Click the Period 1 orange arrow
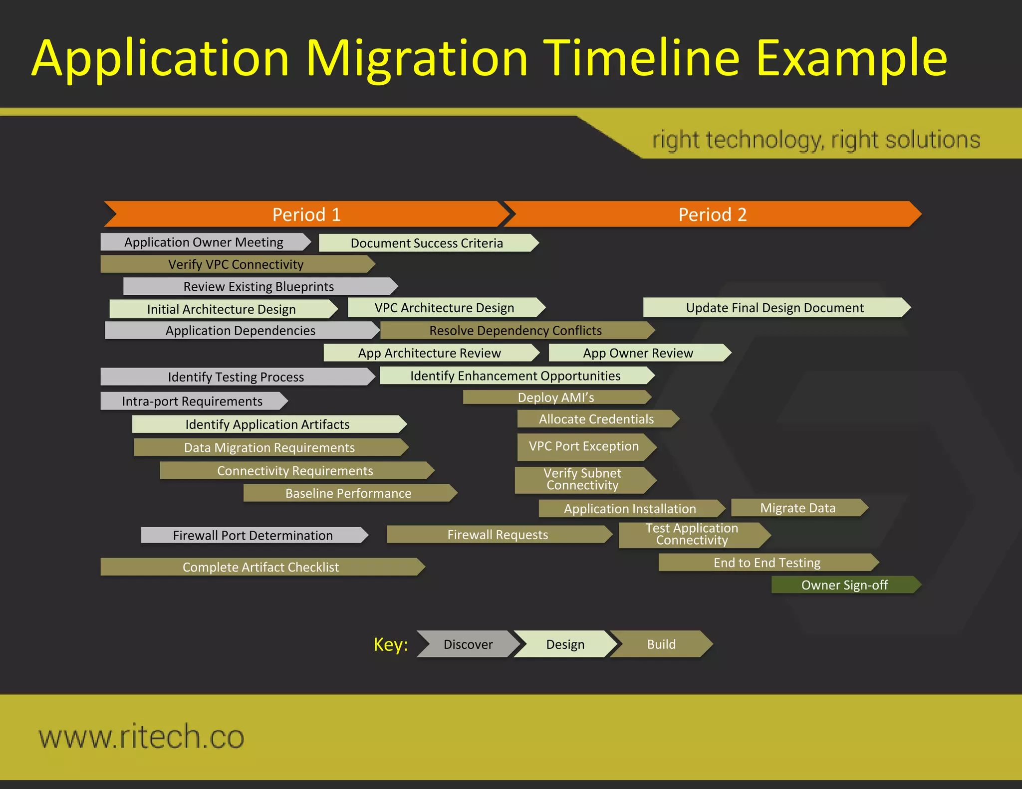coord(306,214)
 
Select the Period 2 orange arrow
coord(712,214)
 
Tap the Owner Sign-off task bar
coord(844,585)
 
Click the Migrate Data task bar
coord(797,508)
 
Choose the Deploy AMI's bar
coord(556,397)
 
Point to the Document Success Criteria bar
coord(427,243)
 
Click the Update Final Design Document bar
coord(774,308)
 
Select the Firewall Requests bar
coord(498,535)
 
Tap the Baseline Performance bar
coord(348,493)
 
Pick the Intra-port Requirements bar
coord(192,401)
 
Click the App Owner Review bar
coord(638,353)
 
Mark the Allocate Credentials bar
coord(596,419)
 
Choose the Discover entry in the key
coord(468,644)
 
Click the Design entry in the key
coord(565,644)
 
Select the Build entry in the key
coord(661,644)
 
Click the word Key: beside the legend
coord(391,644)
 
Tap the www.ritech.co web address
coord(142,737)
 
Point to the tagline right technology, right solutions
coord(816,140)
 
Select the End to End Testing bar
coord(766,563)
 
